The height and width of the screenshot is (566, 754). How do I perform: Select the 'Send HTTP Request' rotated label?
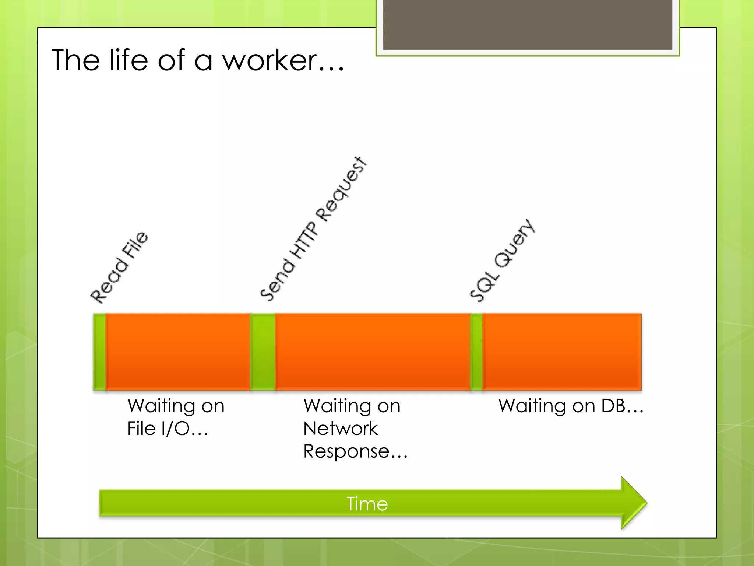pyautogui.click(x=313, y=229)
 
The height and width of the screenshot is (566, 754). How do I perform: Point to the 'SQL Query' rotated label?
pyautogui.click(x=502, y=260)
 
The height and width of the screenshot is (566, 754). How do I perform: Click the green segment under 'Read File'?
pyautogui.click(x=99, y=352)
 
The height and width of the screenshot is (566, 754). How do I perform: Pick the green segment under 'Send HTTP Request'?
pyautogui.click(x=263, y=352)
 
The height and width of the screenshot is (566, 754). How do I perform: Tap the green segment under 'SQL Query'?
pyautogui.click(x=476, y=352)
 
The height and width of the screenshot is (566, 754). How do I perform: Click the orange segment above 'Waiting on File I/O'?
pyautogui.click(x=178, y=352)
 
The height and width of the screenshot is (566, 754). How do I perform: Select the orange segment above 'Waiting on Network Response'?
pyautogui.click(x=373, y=352)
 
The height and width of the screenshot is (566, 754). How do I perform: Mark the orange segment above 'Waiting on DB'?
pyautogui.click(x=562, y=352)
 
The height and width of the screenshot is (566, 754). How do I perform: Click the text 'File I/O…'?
pyautogui.click(x=168, y=429)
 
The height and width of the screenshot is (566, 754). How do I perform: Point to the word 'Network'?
pyautogui.click(x=341, y=429)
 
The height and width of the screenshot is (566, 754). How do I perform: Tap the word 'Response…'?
pyautogui.click(x=356, y=451)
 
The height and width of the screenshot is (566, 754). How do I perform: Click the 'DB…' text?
pyautogui.click(x=622, y=406)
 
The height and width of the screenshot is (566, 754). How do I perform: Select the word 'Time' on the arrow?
pyautogui.click(x=367, y=504)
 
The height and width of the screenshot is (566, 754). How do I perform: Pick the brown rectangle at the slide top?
pyautogui.click(x=528, y=24)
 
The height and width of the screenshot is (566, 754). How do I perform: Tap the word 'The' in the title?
pyautogui.click(x=76, y=60)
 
